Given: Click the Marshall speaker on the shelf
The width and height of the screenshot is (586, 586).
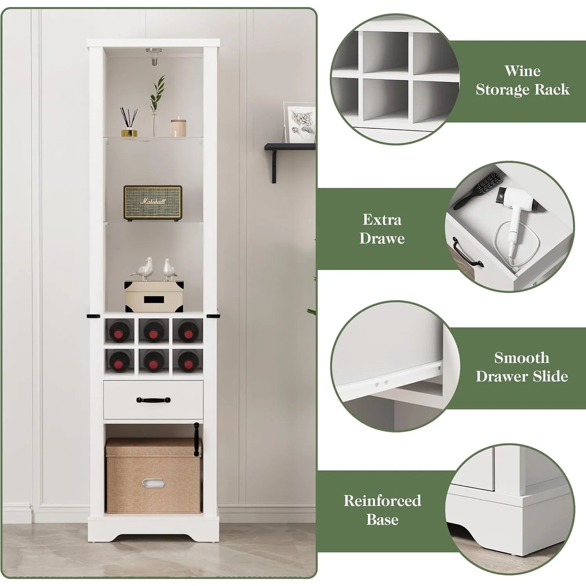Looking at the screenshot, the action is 153,202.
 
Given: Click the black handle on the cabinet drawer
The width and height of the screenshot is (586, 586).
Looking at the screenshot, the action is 154,400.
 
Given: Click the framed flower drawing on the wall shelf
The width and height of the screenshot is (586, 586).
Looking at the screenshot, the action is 299,123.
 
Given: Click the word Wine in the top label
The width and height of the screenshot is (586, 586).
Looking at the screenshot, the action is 522,71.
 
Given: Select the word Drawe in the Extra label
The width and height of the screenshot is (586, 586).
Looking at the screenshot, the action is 382,238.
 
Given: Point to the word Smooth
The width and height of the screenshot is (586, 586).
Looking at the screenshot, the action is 522,357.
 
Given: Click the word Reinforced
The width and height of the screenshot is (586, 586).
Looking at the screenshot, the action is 382,500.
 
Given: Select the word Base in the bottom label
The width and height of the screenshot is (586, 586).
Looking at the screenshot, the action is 382,520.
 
